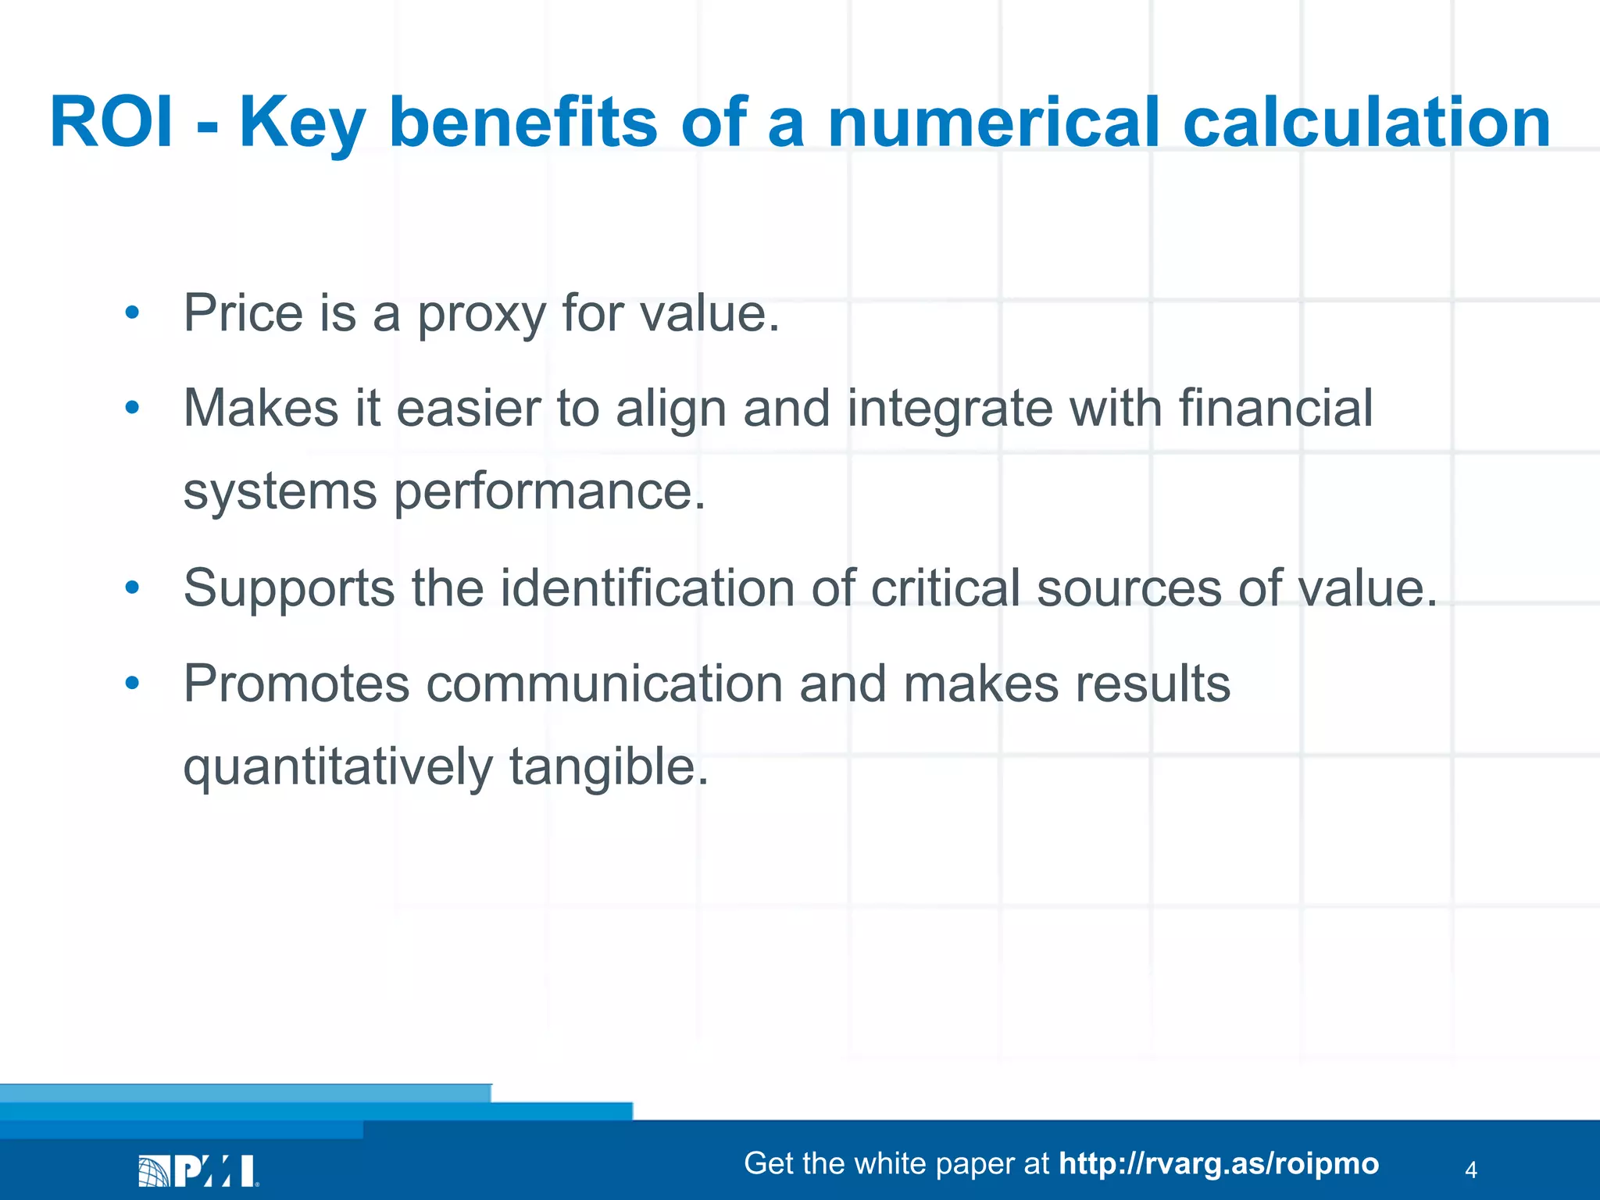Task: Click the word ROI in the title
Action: point(111,123)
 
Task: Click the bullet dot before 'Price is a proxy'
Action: point(132,312)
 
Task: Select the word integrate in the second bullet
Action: point(949,410)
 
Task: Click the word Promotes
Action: point(296,684)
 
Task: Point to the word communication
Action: point(604,684)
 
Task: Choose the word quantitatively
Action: point(337,767)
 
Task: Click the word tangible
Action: point(609,767)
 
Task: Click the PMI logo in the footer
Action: point(198,1171)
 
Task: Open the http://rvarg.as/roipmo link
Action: point(1219,1164)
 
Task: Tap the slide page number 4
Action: point(1470,1170)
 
